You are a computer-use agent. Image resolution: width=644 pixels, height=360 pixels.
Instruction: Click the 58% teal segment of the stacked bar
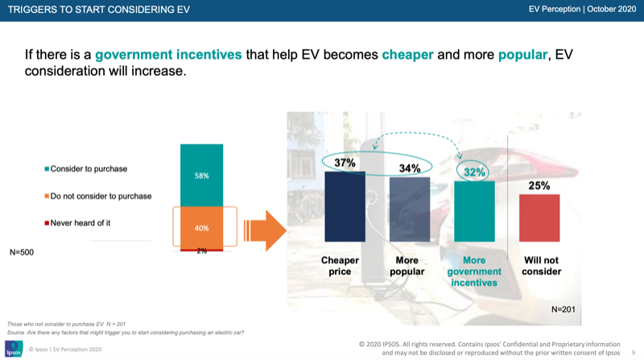201,175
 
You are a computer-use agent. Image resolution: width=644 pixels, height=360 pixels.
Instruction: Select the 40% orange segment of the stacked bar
201,228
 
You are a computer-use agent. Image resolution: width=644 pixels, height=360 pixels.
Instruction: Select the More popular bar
409,209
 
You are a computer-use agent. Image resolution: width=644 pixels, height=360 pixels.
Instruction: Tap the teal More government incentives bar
475,211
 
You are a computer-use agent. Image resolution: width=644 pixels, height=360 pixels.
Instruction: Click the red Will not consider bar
539,218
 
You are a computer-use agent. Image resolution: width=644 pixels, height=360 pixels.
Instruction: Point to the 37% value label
345,163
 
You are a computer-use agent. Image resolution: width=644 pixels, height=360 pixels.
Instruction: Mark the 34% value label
409,168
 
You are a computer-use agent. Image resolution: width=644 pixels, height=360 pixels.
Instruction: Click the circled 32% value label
475,172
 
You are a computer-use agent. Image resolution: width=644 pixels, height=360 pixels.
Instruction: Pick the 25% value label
539,186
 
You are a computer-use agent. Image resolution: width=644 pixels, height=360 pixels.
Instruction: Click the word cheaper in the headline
407,56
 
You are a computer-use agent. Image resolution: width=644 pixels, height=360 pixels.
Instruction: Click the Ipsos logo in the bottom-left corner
14,349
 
